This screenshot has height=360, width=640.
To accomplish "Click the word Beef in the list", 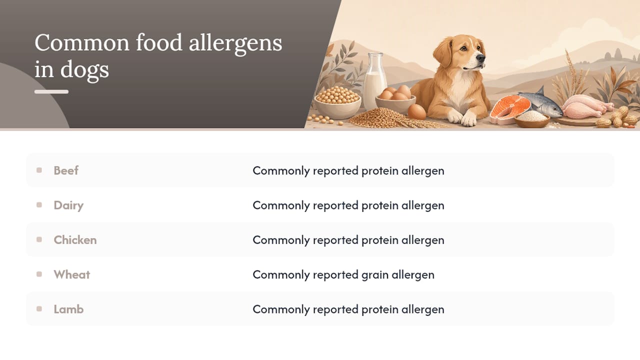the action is [66, 170].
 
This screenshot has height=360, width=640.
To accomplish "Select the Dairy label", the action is [68, 205].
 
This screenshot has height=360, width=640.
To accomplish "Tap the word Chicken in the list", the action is [75, 240].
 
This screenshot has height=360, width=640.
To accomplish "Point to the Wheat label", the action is [72, 274].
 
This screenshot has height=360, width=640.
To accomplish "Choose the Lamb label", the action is [68, 309].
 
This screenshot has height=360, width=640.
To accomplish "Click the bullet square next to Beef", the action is [39, 170].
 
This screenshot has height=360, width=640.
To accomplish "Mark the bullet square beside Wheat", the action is [39, 274].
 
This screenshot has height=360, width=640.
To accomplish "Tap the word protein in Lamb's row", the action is [380, 309].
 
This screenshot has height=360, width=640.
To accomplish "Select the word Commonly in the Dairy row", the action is [281, 205].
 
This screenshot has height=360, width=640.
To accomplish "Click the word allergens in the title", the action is [235, 43].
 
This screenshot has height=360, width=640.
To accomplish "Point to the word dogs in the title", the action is [84, 69].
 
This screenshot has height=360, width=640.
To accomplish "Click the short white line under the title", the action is [51, 91].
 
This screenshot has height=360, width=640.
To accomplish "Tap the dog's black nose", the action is [480, 58].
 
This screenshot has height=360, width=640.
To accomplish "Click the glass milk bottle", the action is [375, 81].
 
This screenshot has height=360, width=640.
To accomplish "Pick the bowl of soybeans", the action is [337, 103].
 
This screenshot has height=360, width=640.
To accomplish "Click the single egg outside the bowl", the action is [416, 111].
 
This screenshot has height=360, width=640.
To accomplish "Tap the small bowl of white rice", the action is [531, 119].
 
